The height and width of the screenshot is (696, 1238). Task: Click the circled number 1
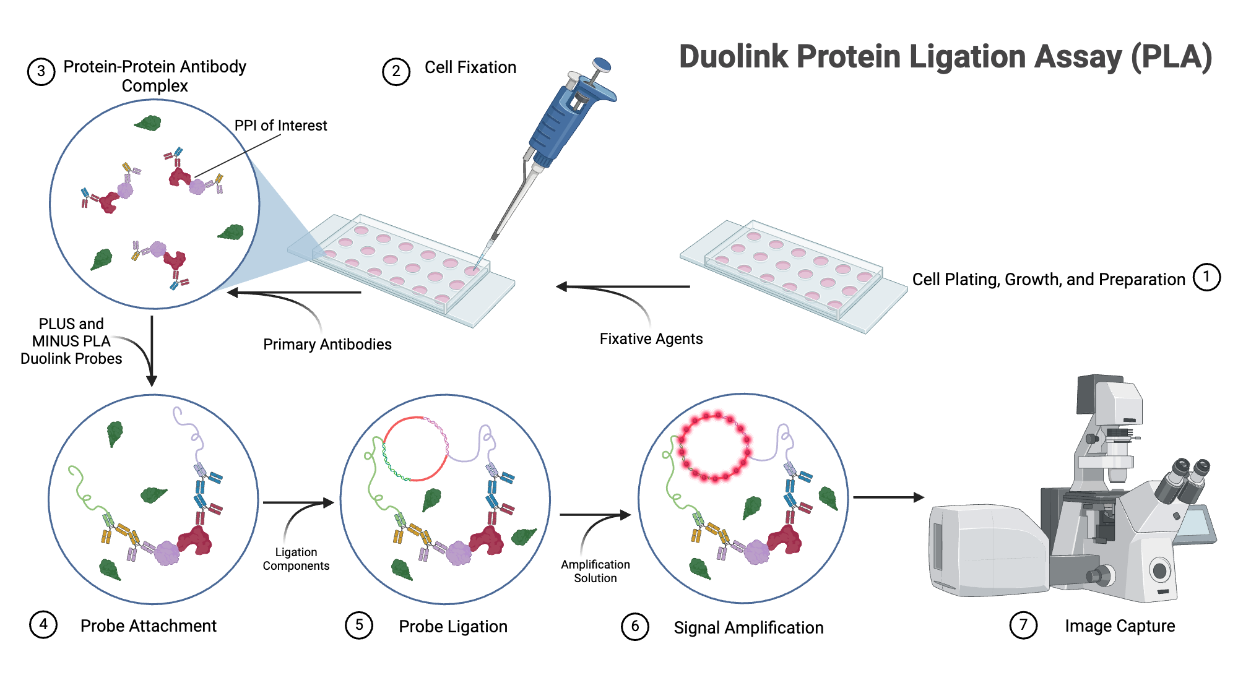(x=1206, y=277)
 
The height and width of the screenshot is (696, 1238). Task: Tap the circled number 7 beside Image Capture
(x=1023, y=625)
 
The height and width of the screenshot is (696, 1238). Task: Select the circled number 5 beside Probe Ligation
(x=359, y=625)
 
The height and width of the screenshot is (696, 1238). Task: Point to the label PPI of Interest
(x=280, y=126)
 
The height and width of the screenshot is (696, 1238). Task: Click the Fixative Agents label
(x=651, y=338)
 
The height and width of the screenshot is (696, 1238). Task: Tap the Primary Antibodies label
(x=327, y=344)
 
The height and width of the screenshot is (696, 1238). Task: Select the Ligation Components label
(x=296, y=559)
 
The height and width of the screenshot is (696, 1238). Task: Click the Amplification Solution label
(x=595, y=571)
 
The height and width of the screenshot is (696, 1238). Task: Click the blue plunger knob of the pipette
(x=602, y=64)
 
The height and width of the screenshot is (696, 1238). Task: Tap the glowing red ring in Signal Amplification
(x=714, y=447)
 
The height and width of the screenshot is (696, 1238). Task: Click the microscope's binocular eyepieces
(x=1185, y=479)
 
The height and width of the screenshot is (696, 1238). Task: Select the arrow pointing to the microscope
(x=888, y=497)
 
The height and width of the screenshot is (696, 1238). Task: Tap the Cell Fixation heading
(x=470, y=67)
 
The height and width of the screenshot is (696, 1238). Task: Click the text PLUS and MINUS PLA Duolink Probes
(x=71, y=341)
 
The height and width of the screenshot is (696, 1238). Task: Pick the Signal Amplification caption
(x=748, y=627)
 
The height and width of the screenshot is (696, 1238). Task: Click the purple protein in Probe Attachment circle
(x=167, y=552)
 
